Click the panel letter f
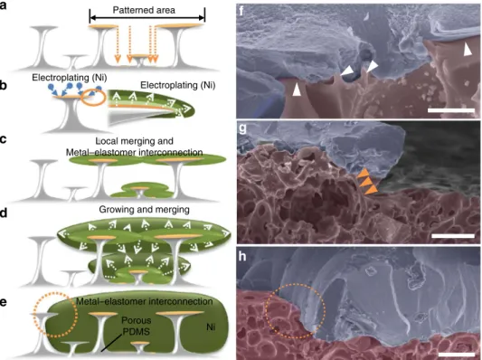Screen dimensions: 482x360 point(241,12)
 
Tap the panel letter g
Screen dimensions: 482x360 point(242,128)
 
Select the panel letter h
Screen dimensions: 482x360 point(242,256)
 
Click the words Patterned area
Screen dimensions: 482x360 point(144,10)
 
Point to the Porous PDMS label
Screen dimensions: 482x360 point(137,326)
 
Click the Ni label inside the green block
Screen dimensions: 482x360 point(211,327)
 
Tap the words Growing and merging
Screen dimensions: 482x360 point(144,210)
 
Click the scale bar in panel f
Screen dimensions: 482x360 point(451,110)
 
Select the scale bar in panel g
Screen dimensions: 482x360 point(453,236)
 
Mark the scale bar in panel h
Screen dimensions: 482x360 point(457,355)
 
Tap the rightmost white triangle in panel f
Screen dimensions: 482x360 point(468,50)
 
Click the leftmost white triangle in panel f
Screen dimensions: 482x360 point(297,90)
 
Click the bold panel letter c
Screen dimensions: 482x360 point(3,139)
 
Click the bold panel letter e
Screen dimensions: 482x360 point(3,302)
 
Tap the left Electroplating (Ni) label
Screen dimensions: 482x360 point(70,78)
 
